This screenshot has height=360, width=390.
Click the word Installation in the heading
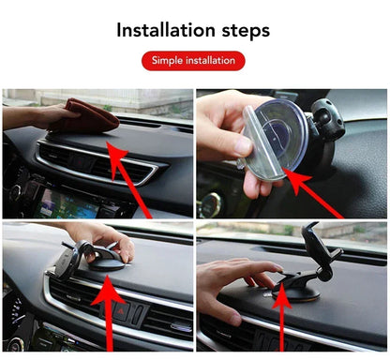pos(165,30)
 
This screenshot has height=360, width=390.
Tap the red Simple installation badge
pos(193,61)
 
